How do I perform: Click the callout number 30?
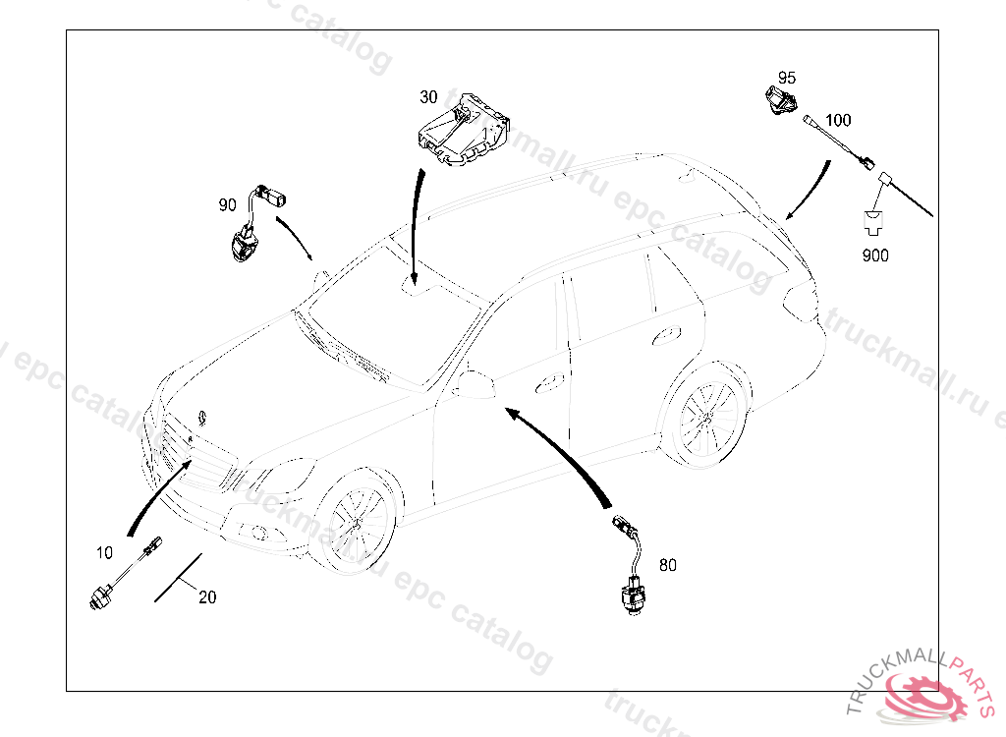point(428,97)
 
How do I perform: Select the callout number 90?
point(227,205)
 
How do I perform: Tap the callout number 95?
point(787,78)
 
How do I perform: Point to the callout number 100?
point(838,121)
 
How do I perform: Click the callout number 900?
point(874,255)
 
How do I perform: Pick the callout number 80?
point(668,565)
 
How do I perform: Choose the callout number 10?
point(104,553)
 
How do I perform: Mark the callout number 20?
point(206,596)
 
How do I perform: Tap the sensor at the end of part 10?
point(100,595)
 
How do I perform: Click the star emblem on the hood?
point(201,416)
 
